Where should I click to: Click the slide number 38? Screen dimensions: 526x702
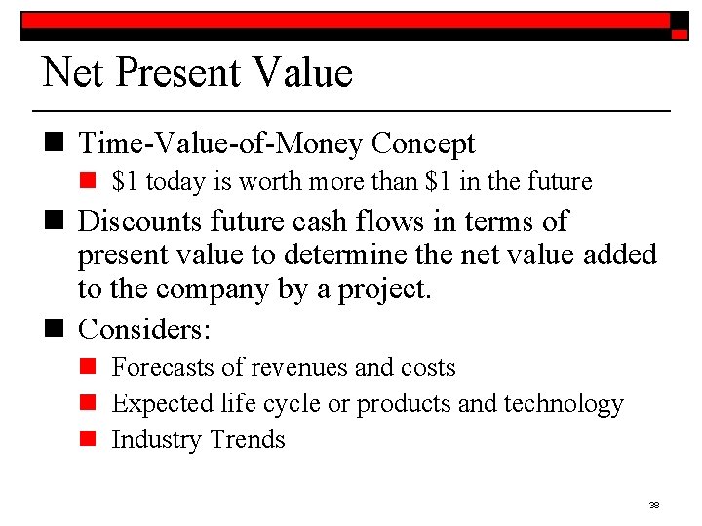(654, 505)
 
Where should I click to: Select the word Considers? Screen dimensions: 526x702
(144, 329)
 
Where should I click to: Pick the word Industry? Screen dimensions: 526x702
(152, 439)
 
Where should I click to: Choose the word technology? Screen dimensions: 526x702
(566, 403)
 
